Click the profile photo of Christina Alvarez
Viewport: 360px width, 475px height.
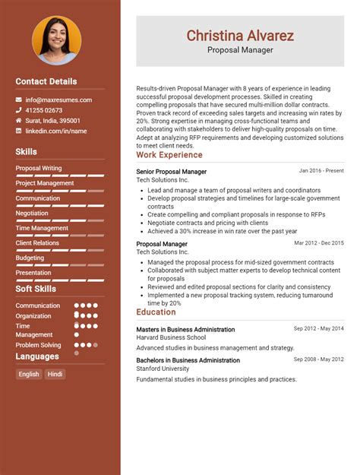[56, 40]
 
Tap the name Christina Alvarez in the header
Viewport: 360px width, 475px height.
[240, 35]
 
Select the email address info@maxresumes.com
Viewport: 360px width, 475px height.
[58, 100]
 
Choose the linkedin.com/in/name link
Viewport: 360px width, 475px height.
[56, 131]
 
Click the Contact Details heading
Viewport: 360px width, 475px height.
[46, 81]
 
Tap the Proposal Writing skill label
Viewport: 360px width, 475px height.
[39, 168]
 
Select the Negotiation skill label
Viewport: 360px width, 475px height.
[32, 213]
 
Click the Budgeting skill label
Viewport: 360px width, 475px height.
[30, 258]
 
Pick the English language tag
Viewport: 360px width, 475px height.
[29, 374]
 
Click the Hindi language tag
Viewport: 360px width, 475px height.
[55, 374]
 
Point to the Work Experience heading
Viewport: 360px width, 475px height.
[169, 155]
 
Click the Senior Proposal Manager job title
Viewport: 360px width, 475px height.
[171, 172]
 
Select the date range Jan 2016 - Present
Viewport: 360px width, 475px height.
[321, 171]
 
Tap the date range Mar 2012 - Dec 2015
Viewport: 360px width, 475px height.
[319, 243]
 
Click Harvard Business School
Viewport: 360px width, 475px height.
[171, 337]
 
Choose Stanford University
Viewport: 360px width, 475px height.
[163, 369]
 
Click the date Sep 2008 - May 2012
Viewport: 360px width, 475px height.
[319, 359]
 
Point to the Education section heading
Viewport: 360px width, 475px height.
[156, 312]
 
